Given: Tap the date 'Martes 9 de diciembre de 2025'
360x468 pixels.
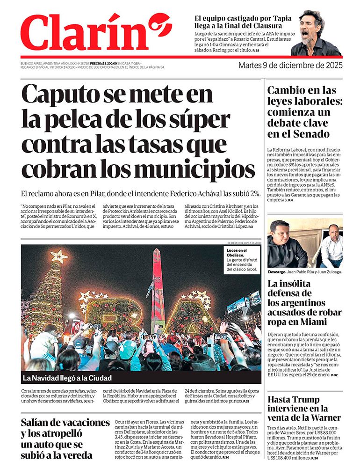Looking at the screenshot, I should pyautogui.click(x=290, y=65).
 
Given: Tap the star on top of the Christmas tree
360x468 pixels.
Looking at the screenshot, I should pyautogui.click(x=59, y=256).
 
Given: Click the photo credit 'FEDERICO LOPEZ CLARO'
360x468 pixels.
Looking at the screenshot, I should pyautogui.click(x=244, y=243).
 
